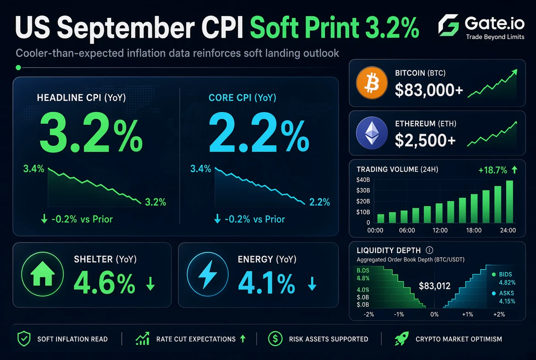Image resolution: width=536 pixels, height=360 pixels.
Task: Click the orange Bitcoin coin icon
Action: pyautogui.click(x=372, y=83)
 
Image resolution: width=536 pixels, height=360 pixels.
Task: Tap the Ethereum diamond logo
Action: pyautogui.click(x=372, y=133)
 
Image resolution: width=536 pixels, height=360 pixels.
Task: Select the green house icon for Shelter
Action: pyautogui.click(x=42, y=274)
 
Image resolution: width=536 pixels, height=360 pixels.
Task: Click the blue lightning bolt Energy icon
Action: pyautogui.click(x=207, y=274)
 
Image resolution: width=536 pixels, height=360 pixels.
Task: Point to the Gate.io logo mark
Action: pyautogui.click(x=448, y=25)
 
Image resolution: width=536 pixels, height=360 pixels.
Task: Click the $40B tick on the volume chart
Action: pyautogui.click(x=363, y=180)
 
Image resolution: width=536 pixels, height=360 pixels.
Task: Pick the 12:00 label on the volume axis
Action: pyautogui.click(x=440, y=231)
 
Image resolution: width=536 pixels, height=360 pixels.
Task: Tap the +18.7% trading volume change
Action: pyautogui.click(x=492, y=170)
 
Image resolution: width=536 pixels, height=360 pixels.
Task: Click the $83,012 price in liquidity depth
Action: pyautogui.click(x=435, y=286)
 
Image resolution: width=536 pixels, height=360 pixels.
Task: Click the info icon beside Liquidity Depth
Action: pyautogui.click(x=430, y=250)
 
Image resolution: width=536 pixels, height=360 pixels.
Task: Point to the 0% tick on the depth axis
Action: pyautogui.click(x=435, y=314)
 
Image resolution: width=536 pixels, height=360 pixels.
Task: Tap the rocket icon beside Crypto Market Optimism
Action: pyautogui.click(x=402, y=339)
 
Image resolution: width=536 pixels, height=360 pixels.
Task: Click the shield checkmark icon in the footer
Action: pyautogui.click(x=24, y=339)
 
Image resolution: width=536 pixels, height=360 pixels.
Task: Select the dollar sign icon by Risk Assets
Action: pyautogui.click(x=275, y=339)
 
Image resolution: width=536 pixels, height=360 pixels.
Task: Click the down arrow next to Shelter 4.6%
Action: pyautogui.click(x=151, y=284)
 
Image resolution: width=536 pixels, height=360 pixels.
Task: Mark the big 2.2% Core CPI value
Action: pyautogui.click(x=259, y=132)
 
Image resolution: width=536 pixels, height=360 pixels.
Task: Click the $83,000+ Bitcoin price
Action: pyautogui.click(x=429, y=90)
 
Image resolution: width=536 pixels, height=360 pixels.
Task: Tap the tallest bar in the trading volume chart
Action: pyautogui.click(x=509, y=202)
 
